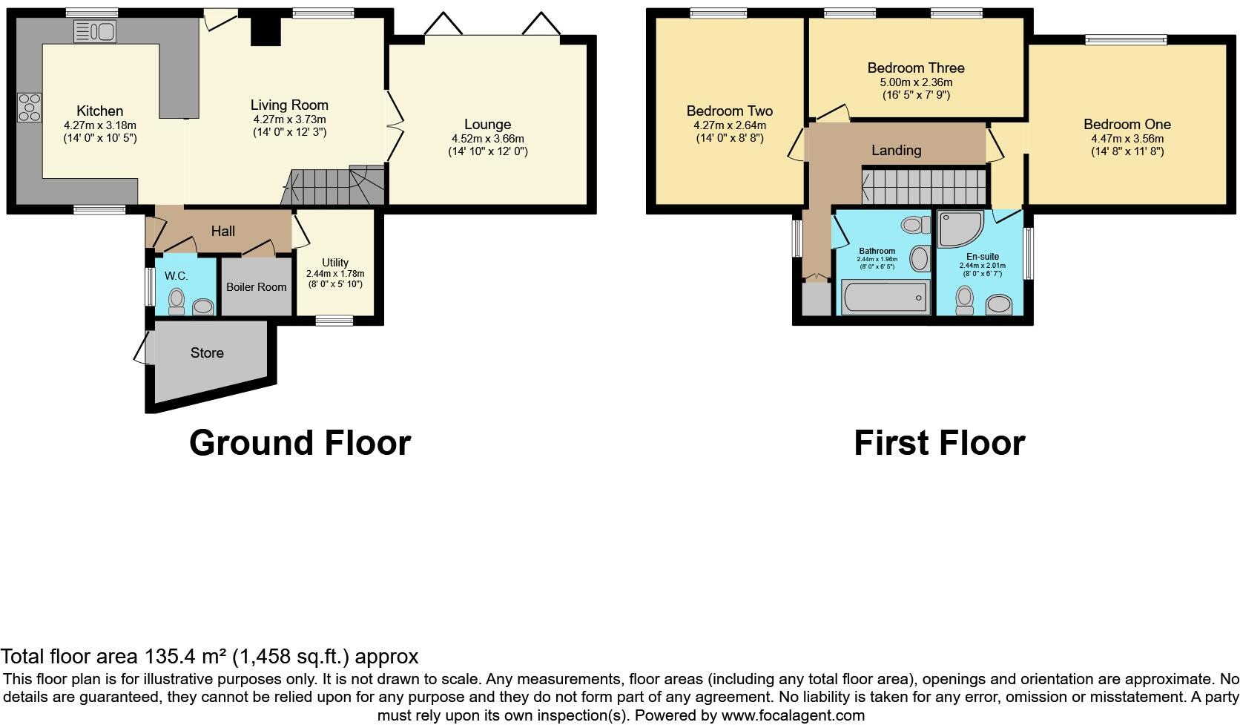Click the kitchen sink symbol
click(x=95, y=31)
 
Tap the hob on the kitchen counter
click(x=30, y=107)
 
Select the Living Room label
click(x=288, y=105)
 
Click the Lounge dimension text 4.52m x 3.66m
click(x=487, y=138)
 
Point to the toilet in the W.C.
click(x=177, y=301)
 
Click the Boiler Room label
click(x=256, y=287)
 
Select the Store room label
click(x=207, y=352)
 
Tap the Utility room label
click(x=335, y=263)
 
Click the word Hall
click(x=222, y=231)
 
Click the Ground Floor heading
click(x=300, y=443)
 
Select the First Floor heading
click(x=939, y=443)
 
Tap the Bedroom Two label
click(x=729, y=111)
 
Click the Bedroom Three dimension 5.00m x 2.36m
click(x=916, y=82)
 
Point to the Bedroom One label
click(x=1127, y=124)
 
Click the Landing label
click(x=896, y=151)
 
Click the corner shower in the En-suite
click(x=959, y=228)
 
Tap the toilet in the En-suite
click(x=964, y=300)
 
